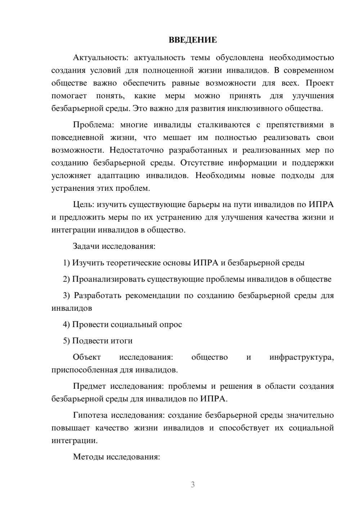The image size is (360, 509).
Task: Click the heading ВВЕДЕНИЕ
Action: pos(193,40)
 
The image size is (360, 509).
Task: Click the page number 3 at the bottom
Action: pos(193,485)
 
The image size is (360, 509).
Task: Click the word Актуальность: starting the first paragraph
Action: pos(93,58)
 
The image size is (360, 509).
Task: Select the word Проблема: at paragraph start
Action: pos(93,125)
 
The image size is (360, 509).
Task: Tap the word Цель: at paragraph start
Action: pos(84,204)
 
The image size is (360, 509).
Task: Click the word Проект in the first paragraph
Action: pos(320,83)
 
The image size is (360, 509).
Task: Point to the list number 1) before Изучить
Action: pos(67,263)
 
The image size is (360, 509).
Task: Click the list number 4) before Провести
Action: pos(67,324)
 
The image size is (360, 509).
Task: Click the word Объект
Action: pos(87,357)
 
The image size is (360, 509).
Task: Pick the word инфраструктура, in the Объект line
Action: pos(302,357)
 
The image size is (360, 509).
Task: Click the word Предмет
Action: pos(89,386)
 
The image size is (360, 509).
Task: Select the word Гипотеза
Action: pos(90,415)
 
